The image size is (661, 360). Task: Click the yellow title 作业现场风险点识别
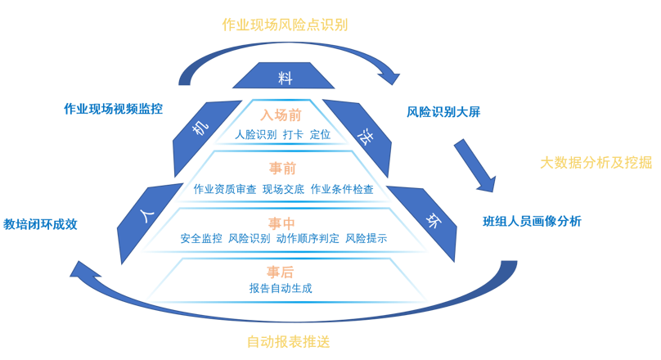point(285,25)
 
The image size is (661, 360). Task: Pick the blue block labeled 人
point(148,218)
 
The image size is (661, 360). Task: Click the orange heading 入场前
point(281,115)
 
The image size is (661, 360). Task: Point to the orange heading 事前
point(282,169)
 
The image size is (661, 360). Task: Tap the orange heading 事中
point(282,222)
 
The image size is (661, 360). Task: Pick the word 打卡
point(293,134)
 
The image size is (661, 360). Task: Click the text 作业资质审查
point(225,189)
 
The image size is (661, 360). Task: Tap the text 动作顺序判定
point(308,239)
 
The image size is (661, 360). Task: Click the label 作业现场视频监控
point(113,109)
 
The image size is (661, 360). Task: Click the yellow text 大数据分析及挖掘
point(596,162)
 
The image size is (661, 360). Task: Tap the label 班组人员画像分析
point(532,221)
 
